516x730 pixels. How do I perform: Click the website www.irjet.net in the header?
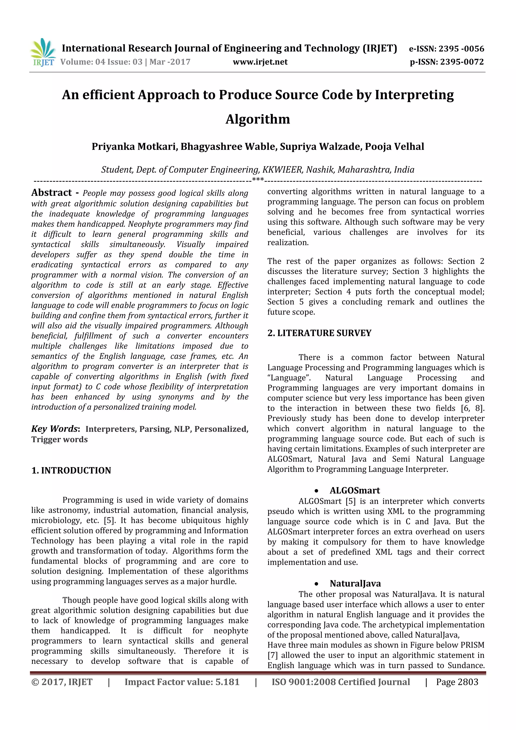tap(260, 62)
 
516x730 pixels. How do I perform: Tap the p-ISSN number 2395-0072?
tap(462, 62)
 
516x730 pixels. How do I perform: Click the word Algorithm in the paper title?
tap(257, 119)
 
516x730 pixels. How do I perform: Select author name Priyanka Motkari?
tap(134, 147)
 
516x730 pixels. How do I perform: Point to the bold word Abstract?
tap(51, 193)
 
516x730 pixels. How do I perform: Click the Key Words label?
tap(55, 429)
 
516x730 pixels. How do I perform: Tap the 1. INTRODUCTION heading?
tap(71, 470)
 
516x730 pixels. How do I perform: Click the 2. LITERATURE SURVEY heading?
tap(319, 333)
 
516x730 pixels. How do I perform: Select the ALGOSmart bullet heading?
tap(354, 490)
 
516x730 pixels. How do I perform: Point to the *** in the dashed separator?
tap(258, 180)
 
